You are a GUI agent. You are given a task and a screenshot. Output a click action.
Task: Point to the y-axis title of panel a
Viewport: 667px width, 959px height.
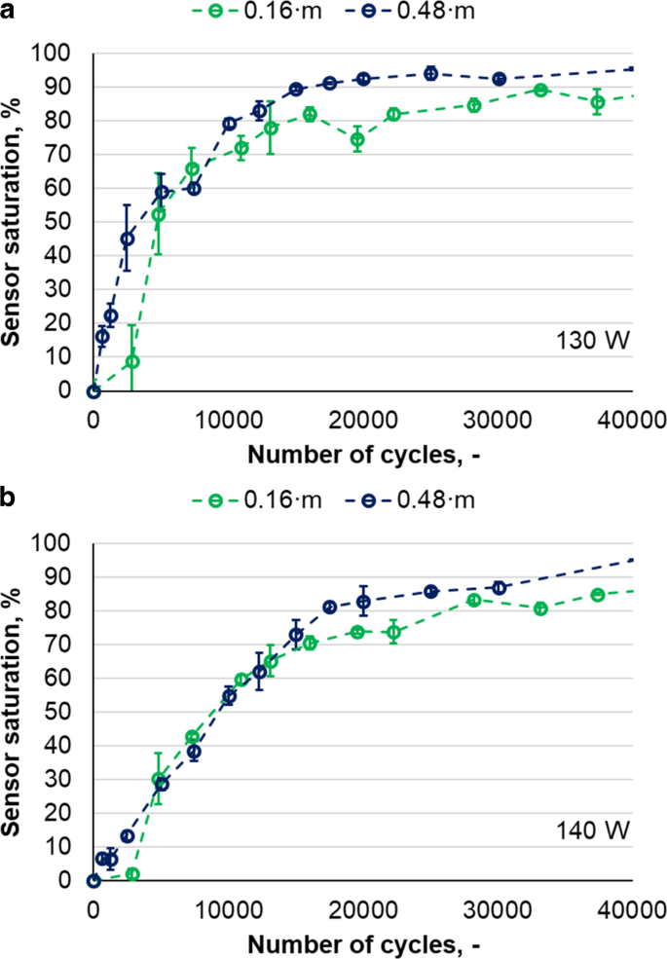[14, 221]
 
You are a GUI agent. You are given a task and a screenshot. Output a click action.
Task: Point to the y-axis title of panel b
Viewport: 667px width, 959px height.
[14, 711]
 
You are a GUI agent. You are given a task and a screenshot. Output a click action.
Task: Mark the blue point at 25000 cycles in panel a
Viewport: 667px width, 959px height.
[430, 74]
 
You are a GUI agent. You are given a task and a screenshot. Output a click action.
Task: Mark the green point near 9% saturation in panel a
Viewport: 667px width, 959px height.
[132, 361]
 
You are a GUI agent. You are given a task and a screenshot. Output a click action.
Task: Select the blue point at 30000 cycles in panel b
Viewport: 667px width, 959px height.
[500, 588]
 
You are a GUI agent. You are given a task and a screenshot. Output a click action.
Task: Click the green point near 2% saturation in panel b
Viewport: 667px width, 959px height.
[132, 874]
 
